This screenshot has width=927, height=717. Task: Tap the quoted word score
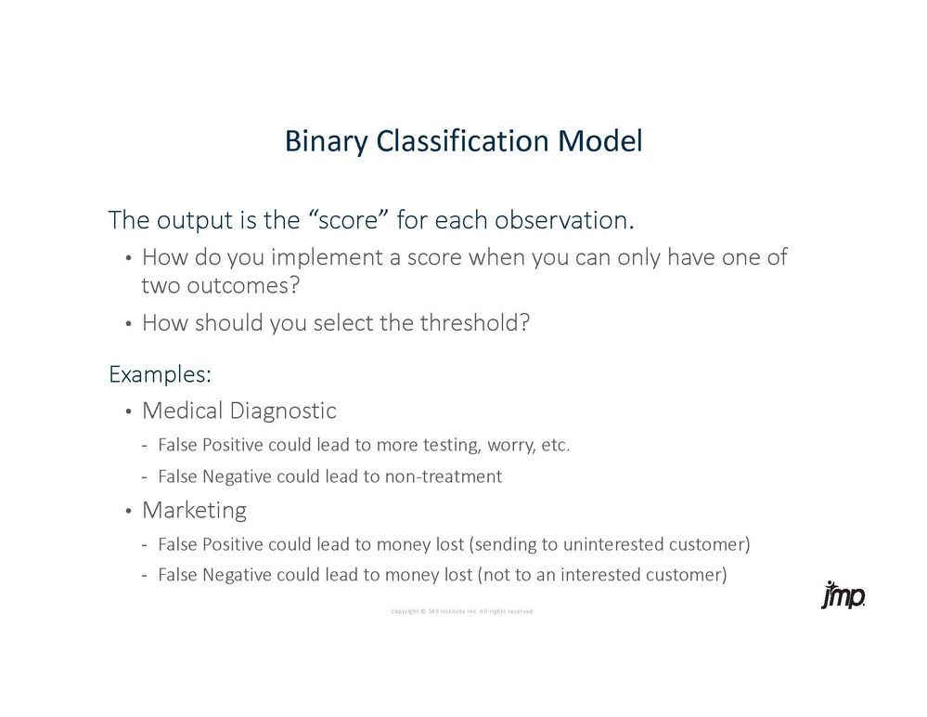[x=348, y=219]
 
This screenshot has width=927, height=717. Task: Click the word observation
[x=564, y=219]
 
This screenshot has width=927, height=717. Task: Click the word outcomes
[x=243, y=286]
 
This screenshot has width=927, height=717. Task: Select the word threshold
[x=475, y=323]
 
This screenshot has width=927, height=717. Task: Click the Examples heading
[x=161, y=374]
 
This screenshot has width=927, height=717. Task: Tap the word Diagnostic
[x=283, y=411]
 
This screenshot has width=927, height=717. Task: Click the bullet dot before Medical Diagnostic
[x=128, y=411]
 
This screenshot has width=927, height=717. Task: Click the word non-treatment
[x=444, y=476]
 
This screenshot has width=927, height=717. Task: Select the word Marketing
[x=195, y=511]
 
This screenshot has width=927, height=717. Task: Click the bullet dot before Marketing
[x=128, y=511]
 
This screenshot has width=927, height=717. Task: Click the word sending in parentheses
[x=504, y=545]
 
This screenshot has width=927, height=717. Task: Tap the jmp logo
[x=843, y=594]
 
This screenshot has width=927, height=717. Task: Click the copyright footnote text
[x=462, y=611]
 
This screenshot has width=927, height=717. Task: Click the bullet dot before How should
[x=128, y=324]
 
